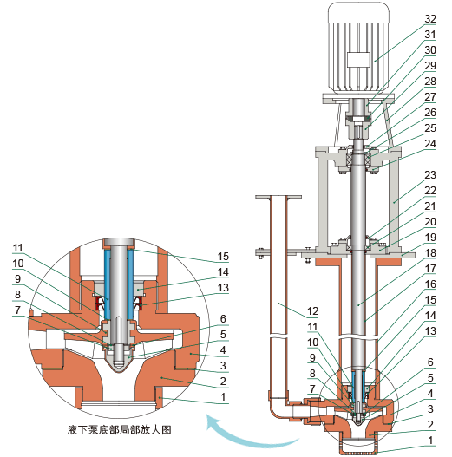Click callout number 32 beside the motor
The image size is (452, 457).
pos(430,18)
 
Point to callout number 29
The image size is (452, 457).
pos(430,65)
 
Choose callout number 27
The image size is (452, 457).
pos(430,96)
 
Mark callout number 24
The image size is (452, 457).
pos(430,143)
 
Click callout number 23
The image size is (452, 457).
pos(430,174)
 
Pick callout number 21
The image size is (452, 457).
pos(430,206)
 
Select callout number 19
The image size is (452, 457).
pos(430,236)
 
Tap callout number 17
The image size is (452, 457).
pos(430,268)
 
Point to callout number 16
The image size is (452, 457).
pos(430,283)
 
